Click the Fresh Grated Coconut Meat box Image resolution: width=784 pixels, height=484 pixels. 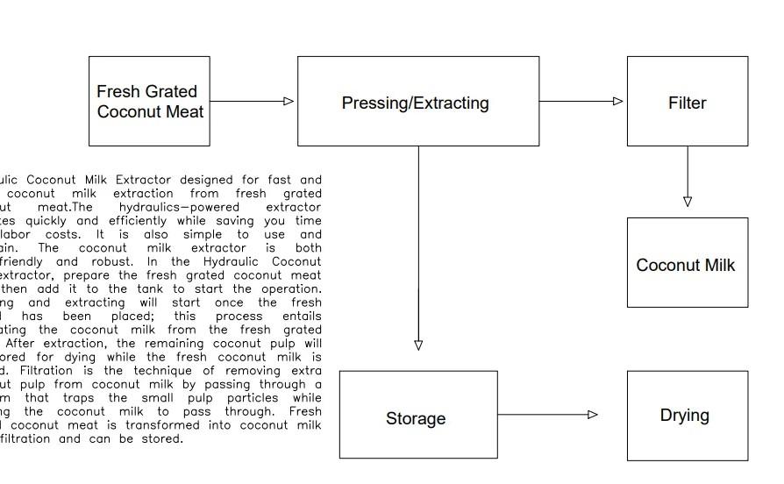(x=149, y=101)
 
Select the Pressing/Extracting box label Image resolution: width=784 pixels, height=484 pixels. (x=415, y=103)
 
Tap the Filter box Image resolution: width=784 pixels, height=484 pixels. (x=687, y=103)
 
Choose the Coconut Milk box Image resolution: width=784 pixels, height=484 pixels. (x=686, y=265)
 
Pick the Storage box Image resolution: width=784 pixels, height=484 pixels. (x=417, y=418)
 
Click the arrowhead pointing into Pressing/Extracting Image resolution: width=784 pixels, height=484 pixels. (x=289, y=101)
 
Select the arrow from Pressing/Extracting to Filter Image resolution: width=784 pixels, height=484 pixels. (x=581, y=101)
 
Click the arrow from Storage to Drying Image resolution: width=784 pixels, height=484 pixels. (x=547, y=415)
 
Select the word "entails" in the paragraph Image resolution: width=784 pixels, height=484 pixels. (x=302, y=316)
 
